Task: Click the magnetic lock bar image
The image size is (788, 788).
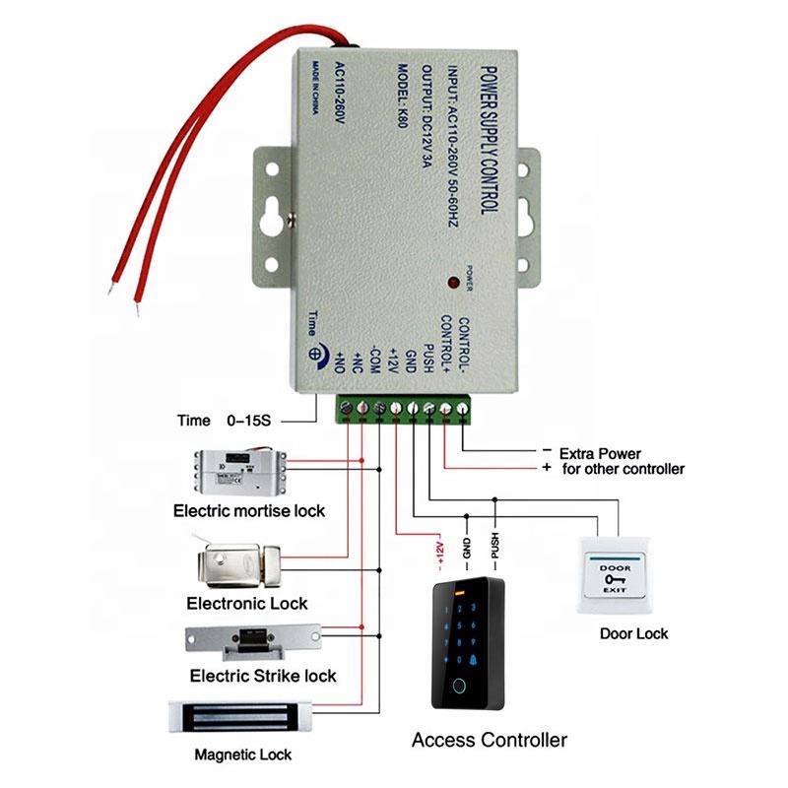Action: pyautogui.click(x=240, y=715)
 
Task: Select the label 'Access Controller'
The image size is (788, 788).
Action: pyautogui.click(x=489, y=740)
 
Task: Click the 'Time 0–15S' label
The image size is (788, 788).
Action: pyautogui.click(x=228, y=421)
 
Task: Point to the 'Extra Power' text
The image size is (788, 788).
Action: pyautogui.click(x=600, y=454)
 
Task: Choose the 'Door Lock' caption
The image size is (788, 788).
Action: pyautogui.click(x=633, y=633)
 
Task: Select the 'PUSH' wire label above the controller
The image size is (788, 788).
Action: pyautogui.click(x=495, y=545)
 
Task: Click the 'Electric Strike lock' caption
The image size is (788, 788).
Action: pyautogui.click(x=263, y=676)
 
